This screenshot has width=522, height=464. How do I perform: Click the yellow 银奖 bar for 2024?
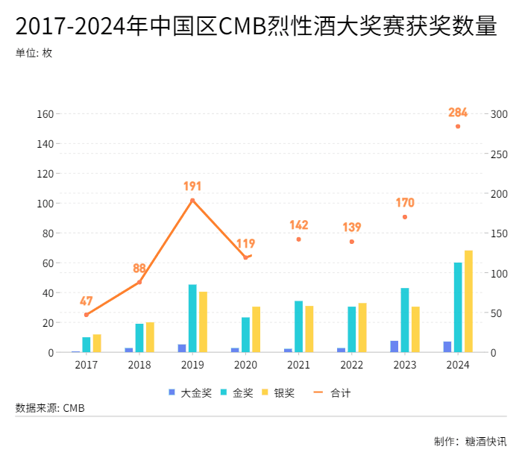point(468,301)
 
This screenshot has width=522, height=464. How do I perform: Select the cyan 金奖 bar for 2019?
point(192,319)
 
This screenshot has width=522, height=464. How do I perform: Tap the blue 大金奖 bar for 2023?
point(394,346)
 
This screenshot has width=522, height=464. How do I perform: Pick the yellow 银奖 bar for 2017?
point(97,343)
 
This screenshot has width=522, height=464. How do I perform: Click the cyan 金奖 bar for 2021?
point(298,327)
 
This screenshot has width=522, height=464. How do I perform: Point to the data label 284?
point(458,113)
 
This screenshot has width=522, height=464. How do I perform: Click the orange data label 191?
point(192,186)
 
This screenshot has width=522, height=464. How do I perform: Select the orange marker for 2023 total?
point(405,217)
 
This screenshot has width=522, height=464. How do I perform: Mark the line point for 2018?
point(139,282)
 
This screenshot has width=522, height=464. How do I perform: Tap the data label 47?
point(87,301)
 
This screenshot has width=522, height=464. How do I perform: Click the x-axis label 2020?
point(245,365)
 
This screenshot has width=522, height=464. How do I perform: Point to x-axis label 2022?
point(352,365)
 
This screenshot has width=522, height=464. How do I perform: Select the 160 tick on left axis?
point(45,114)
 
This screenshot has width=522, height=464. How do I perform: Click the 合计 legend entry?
point(333,392)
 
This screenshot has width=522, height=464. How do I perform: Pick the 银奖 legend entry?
point(277,392)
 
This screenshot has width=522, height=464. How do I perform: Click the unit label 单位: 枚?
point(34,54)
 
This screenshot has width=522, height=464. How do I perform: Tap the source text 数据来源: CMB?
point(50,408)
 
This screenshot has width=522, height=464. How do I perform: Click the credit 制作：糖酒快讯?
point(470,441)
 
